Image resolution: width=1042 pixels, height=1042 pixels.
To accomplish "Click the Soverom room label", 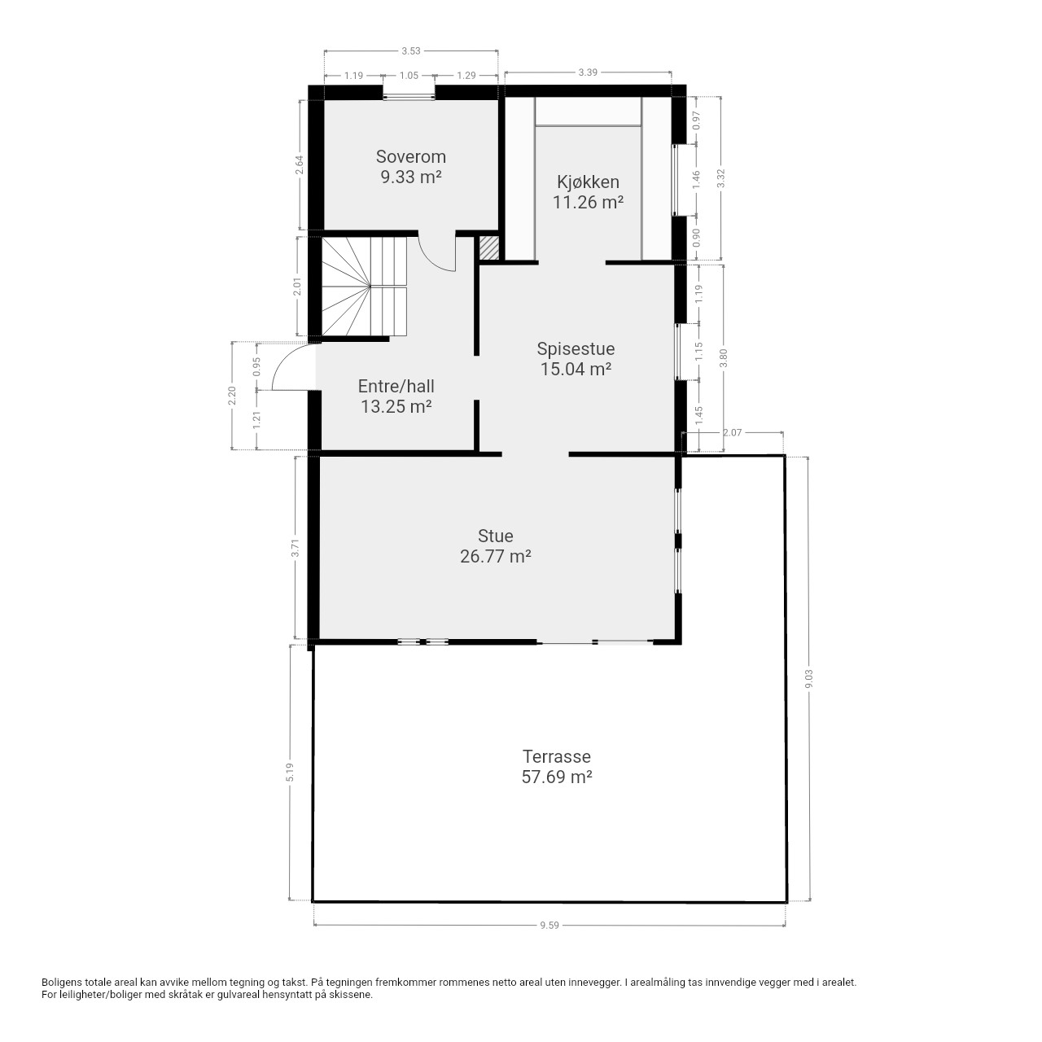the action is click(410, 157).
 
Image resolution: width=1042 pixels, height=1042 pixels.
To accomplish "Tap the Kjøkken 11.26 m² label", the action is click(588, 192).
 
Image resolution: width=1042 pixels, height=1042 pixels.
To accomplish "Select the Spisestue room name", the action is click(576, 348).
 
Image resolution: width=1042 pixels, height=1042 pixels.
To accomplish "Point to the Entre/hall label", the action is click(396, 386).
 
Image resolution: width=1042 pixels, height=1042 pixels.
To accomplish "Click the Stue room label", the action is click(495, 536).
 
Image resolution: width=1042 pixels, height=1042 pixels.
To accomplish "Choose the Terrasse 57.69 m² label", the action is click(557, 766).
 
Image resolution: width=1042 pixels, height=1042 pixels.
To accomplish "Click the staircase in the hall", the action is click(365, 287).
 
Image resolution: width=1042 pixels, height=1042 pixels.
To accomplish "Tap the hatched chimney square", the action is click(488, 249).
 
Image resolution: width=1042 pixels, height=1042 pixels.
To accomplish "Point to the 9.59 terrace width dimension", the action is click(549, 926).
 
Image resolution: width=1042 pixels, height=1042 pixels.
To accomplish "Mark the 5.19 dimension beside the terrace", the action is click(291, 772).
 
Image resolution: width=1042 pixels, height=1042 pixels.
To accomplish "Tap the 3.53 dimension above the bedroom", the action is click(411, 50).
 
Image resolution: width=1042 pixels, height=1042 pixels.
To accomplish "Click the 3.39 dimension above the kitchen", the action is click(588, 72).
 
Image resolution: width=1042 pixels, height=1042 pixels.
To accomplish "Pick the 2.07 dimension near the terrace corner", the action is click(732, 432).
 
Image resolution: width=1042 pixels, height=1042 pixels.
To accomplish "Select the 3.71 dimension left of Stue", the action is click(295, 548).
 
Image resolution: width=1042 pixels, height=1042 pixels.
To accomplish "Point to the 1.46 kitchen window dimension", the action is click(697, 180).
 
